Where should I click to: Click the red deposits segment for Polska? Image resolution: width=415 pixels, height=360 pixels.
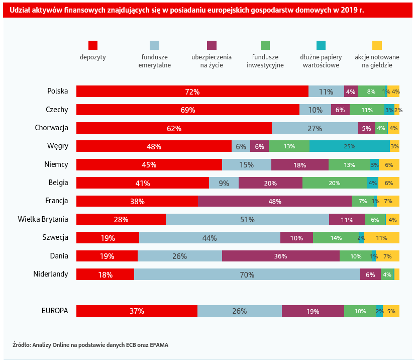coord(192,92)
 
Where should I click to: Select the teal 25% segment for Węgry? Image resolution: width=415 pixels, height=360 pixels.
coord(349,146)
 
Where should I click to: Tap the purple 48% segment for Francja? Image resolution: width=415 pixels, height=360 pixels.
coord(275,201)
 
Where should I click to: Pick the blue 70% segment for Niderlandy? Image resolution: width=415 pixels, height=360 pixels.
coord(247,275)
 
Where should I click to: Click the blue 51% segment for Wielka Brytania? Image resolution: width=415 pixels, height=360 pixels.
coord(247,220)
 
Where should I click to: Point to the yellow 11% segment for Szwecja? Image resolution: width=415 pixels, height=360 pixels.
coord(382,238)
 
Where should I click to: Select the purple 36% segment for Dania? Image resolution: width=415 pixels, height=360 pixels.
coord(280,256)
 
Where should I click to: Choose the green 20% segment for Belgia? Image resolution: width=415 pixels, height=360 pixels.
coord(335,183)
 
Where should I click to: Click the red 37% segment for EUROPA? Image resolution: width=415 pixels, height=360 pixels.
coord(137,311)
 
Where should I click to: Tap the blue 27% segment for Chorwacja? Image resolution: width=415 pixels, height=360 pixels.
coord(315,128)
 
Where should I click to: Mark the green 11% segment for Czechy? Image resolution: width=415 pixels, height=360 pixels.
coord(367,110)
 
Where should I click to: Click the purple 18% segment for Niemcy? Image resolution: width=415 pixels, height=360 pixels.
coord(300,164)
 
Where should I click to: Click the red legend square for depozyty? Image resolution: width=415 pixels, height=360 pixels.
coord(93,45)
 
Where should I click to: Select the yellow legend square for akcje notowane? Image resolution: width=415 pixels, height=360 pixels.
coord(377,45)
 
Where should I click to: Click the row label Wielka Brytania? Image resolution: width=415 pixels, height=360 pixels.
coord(43,219)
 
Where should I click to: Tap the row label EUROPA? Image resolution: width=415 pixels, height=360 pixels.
coord(55,311)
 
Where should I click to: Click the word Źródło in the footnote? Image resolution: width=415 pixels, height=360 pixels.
coord(21,345)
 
